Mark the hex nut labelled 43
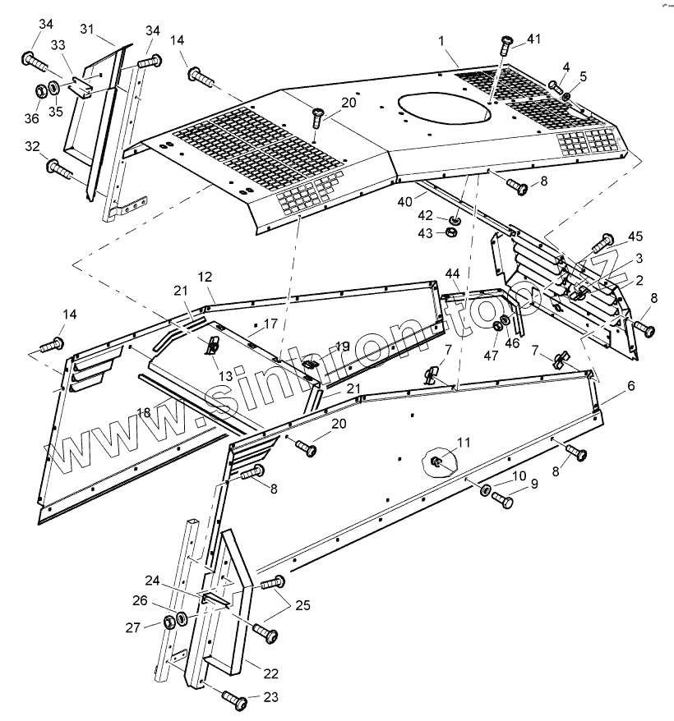(x=450, y=233)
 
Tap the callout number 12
(x=205, y=277)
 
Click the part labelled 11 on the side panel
(x=439, y=463)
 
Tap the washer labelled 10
(x=486, y=491)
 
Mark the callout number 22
(x=271, y=673)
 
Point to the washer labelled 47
(x=498, y=328)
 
